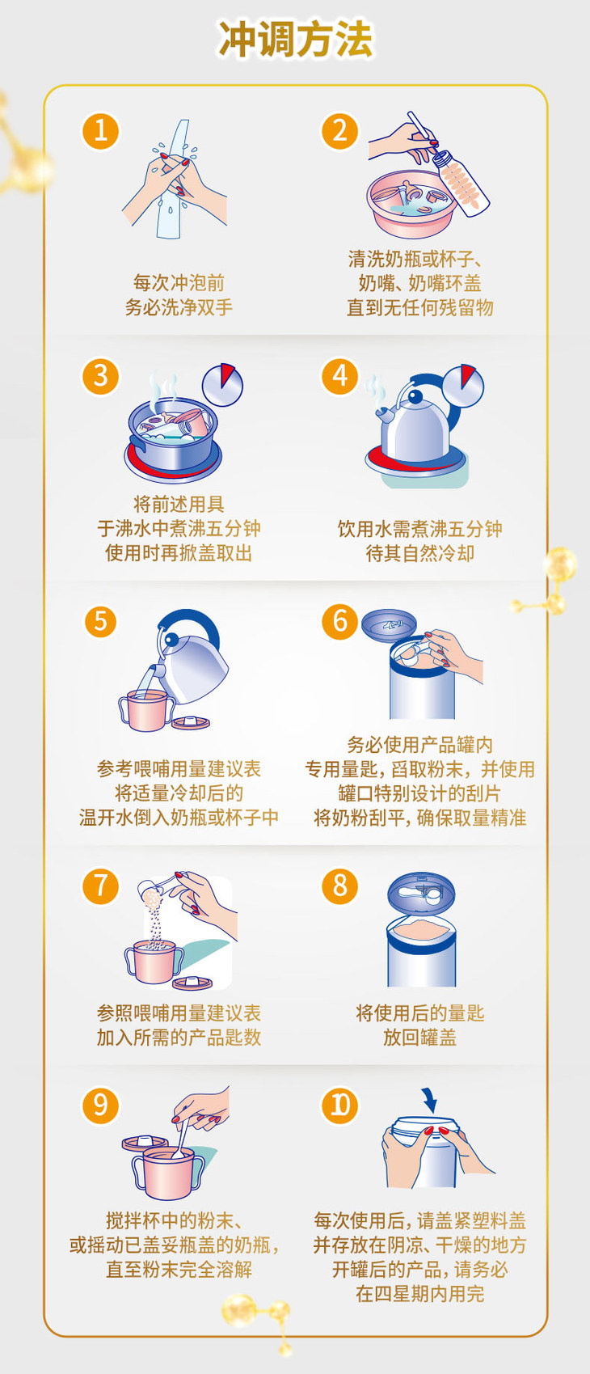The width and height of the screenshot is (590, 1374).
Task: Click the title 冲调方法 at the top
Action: tap(296, 40)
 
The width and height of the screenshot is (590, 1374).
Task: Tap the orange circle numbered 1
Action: tap(100, 131)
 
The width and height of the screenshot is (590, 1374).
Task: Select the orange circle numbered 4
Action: tap(339, 376)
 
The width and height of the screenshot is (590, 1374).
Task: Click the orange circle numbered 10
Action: tap(339, 1106)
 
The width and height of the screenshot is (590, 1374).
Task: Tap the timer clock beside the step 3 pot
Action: tap(222, 385)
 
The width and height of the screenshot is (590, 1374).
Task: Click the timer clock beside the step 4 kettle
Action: tap(463, 385)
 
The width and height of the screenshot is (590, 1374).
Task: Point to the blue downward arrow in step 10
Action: tap(429, 1100)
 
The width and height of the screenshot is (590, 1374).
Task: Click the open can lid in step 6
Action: tap(389, 625)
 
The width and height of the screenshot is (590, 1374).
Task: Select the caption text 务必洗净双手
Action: tap(179, 307)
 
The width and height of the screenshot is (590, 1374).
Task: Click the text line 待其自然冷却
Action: tap(420, 553)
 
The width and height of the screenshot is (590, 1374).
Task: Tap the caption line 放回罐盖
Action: tap(420, 1038)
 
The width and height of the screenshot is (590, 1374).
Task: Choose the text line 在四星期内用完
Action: tap(420, 1294)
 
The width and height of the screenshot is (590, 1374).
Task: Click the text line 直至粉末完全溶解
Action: tap(179, 1269)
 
